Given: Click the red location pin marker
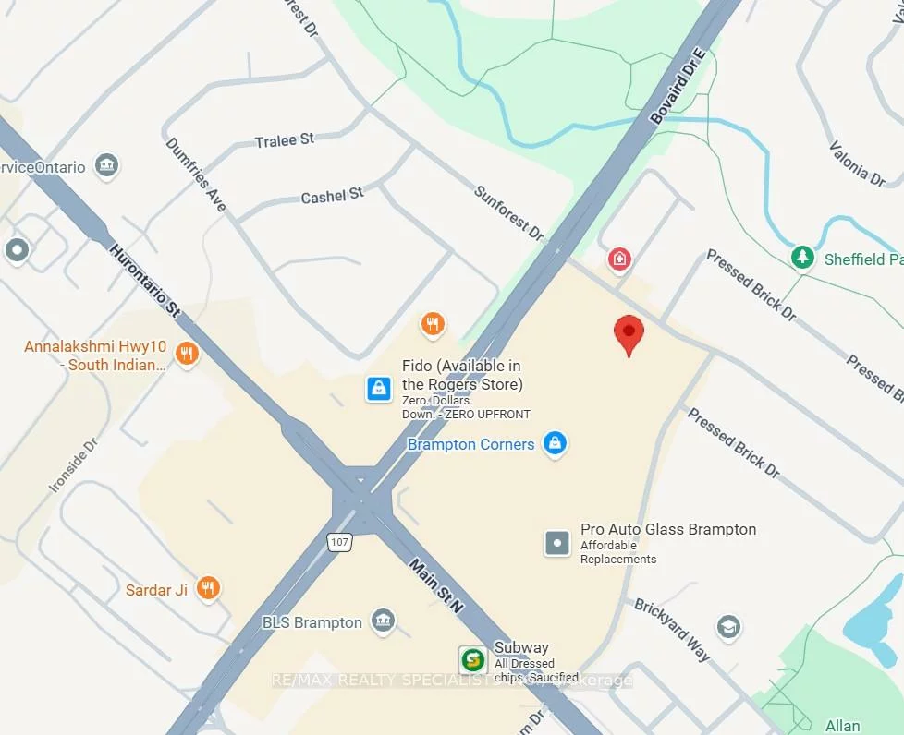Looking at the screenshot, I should [629, 333].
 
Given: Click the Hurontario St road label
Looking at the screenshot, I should [144, 279].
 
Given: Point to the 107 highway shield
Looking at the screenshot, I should [340, 542].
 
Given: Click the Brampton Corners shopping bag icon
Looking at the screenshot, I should [555, 444].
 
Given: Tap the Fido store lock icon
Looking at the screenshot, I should [378, 389].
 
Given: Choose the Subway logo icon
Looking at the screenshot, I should [473, 660].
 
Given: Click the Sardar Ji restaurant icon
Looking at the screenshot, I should [209, 590].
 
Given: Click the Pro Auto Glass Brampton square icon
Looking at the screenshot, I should [557, 543].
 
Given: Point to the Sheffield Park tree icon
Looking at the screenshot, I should [802, 258].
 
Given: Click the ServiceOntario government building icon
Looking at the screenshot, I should [108, 167].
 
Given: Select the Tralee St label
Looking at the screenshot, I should [285, 140].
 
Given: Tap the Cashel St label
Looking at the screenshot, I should [333, 196].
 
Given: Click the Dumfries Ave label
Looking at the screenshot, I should [196, 175].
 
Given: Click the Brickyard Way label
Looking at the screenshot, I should [673, 630].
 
